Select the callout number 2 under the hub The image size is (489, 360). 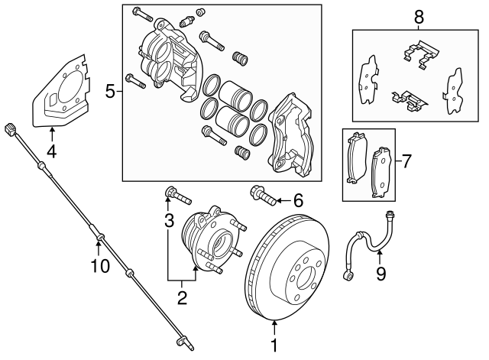(182, 297)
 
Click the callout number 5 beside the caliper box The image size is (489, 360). (110, 92)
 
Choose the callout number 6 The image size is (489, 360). (298, 201)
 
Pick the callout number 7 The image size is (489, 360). (406, 161)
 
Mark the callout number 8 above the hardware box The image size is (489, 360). (418, 16)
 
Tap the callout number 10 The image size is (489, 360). (100, 265)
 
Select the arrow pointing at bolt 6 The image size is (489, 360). (280, 201)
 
